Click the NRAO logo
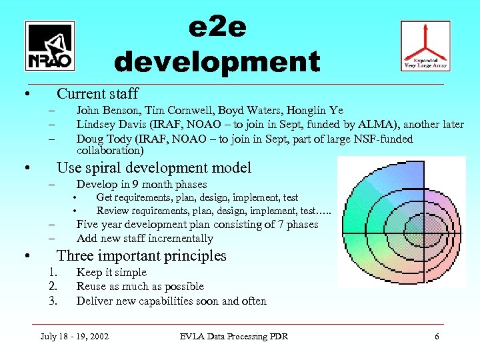(x=50, y=46)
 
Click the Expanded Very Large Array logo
(x=425, y=45)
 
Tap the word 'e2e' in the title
(x=217, y=28)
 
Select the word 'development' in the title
(x=217, y=62)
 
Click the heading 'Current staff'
(x=97, y=93)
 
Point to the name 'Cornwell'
(x=179, y=111)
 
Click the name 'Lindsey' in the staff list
(x=95, y=125)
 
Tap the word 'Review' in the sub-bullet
(x=113, y=211)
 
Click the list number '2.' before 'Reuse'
(x=55, y=287)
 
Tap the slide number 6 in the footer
(x=437, y=337)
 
